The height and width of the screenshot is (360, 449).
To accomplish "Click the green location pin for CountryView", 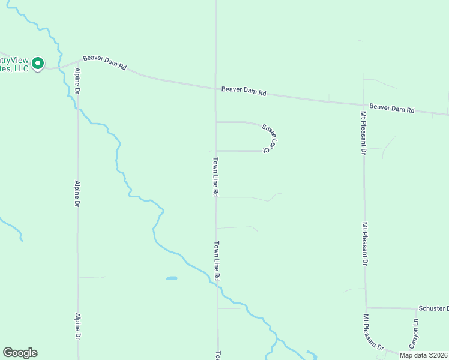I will (38, 63).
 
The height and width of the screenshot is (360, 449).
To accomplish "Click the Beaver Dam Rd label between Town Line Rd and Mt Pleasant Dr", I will (244, 91).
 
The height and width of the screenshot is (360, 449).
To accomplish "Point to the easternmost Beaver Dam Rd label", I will (392, 109).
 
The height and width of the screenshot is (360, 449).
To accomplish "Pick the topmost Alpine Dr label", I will (77, 81).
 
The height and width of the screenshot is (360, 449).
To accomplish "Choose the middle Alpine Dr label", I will (77, 194).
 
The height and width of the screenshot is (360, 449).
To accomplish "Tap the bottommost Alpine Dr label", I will (77, 326).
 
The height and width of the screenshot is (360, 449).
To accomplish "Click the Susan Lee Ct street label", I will (270, 137).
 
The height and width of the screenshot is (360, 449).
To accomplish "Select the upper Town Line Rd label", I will (215, 178).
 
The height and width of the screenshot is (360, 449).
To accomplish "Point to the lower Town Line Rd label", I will (217, 262).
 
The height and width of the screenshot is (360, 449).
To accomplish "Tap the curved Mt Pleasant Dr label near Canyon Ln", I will (373, 332).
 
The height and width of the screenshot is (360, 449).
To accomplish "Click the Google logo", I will (20, 353).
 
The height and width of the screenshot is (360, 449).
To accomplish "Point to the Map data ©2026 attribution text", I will (423, 355).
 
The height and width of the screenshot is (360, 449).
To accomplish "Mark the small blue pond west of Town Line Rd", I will (172, 278).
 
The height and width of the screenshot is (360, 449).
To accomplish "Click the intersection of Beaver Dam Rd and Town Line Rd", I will (216, 89).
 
